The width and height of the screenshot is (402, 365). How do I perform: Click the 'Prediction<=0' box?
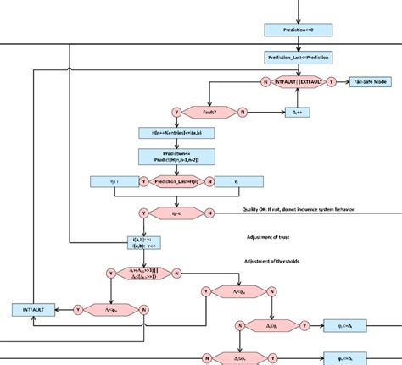pos(298,30)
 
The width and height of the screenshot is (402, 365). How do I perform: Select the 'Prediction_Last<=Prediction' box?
pos(298,58)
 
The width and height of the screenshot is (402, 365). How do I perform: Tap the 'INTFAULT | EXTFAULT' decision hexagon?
pos(298,82)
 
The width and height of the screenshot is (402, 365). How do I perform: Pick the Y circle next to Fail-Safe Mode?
pos(331,82)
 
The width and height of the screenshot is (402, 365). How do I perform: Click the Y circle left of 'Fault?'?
pos(176,111)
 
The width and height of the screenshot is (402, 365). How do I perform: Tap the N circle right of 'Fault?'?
pos(242,111)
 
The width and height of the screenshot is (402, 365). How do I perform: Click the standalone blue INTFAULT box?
pos(32,310)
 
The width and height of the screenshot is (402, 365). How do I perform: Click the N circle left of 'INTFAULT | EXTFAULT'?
pos(265,82)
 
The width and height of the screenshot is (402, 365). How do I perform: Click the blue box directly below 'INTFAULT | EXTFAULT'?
pos(298,111)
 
